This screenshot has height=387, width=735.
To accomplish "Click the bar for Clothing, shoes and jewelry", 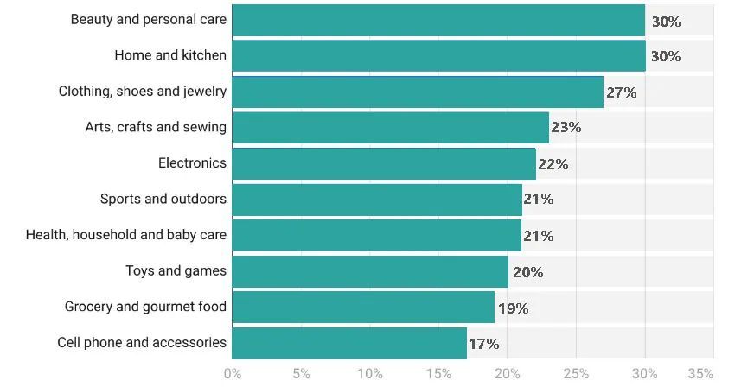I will [x=418, y=92].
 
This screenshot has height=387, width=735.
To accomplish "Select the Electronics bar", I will [x=384, y=163].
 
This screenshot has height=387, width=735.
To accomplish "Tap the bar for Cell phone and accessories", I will [x=349, y=343].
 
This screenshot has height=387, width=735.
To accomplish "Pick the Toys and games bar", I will [x=370, y=271].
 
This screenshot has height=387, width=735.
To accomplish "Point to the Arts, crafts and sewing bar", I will [x=390, y=127].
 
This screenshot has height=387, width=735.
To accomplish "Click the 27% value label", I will [x=621, y=92].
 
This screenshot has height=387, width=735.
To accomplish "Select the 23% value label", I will [x=566, y=128].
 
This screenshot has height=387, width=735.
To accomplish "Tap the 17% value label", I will [x=483, y=344].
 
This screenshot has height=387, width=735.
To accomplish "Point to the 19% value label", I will [x=513, y=308].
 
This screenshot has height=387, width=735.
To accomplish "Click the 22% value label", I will [x=553, y=164].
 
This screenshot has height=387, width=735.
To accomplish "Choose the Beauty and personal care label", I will [x=149, y=19].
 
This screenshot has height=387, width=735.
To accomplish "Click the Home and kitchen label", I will [x=170, y=55].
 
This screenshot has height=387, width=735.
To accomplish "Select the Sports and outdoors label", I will [x=163, y=199].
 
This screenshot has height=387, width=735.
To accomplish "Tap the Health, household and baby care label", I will [x=126, y=235].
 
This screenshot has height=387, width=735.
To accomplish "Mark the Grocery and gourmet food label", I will [x=145, y=307].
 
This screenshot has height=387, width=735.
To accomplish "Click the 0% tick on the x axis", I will [x=233, y=374].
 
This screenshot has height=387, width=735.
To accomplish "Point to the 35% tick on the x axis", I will [x=700, y=374].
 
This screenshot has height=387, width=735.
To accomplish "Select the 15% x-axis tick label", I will [x=438, y=374].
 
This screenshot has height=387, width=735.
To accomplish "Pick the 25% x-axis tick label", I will [x=576, y=374].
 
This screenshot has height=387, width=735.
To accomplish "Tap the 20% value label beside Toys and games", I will [x=527, y=272].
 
